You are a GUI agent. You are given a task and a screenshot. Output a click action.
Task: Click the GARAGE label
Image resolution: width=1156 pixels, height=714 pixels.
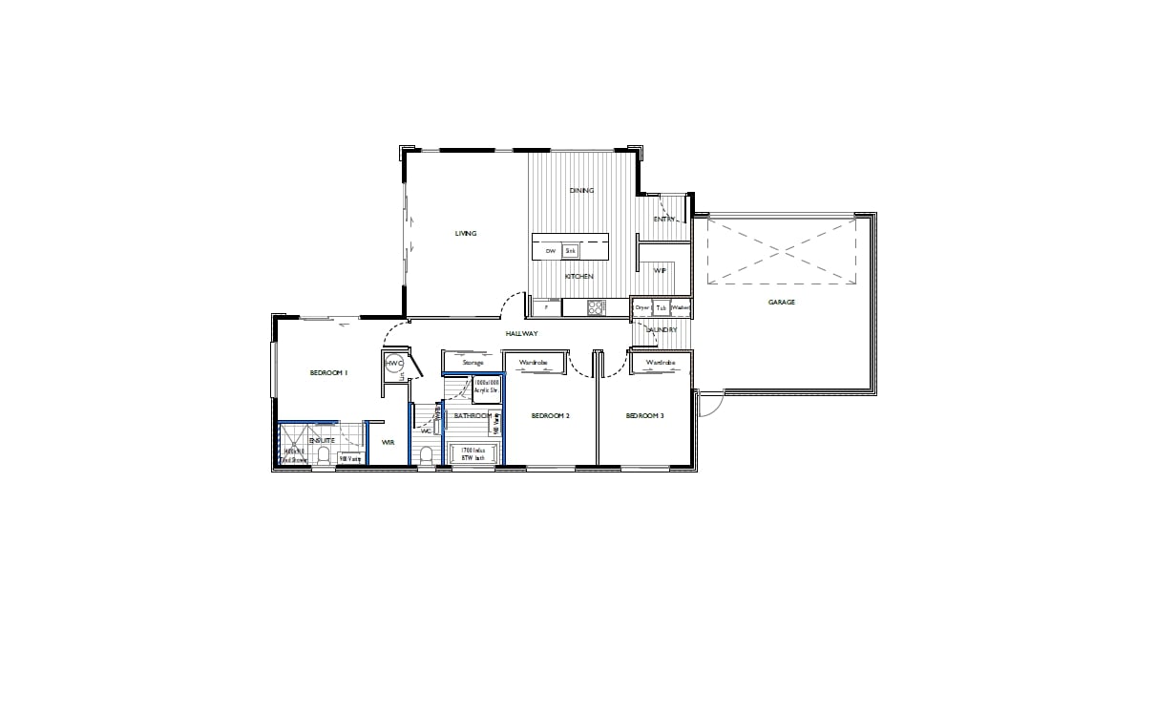pyautogui.click(x=782, y=303)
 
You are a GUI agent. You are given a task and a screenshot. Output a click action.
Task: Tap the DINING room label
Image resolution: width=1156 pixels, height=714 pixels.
pyautogui.click(x=581, y=191)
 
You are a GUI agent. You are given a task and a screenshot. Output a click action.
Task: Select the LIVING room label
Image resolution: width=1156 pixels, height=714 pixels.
pyautogui.click(x=465, y=234)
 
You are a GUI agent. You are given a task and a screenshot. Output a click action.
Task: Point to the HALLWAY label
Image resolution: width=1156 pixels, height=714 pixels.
pyautogui.click(x=523, y=334)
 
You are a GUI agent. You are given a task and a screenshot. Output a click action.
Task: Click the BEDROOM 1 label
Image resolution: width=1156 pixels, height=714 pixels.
pyautogui.click(x=328, y=373)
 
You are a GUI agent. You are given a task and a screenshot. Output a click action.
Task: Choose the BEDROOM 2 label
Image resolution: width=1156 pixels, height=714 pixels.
pyautogui.click(x=550, y=416)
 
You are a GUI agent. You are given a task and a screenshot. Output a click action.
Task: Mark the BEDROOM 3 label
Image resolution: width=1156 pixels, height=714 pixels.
pyautogui.click(x=644, y=416)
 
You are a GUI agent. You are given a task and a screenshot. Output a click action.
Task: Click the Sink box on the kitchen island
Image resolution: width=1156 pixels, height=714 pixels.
pyautogui.click(x=570, y=251)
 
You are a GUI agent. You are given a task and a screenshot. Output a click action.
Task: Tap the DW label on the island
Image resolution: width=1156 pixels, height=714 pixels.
pyautogui.click(x=550, y=251)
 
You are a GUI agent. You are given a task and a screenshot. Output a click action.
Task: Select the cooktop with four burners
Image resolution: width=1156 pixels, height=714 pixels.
pyautogui.click(x=597, y=307)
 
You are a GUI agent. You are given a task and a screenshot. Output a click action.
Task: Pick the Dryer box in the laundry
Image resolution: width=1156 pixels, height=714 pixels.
pyautogui.click(x=642, y=308)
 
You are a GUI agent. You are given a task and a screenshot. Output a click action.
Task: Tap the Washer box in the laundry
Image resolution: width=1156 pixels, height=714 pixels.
pyautogui.click(x=681, y=308)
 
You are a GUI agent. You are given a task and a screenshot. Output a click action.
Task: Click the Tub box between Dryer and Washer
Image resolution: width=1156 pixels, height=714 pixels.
pyautogui.click(x=661, y=308)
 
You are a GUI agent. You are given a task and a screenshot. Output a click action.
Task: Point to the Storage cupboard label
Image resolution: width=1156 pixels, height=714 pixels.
pyautogui.click(x=473, y=363)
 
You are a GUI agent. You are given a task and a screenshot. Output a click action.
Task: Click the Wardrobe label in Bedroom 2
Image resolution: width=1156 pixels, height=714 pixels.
pyautogui.click(x=532, y=364)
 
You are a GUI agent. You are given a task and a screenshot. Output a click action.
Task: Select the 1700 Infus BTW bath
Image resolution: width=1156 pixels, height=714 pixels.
pyautogui.click(x=473, y=454)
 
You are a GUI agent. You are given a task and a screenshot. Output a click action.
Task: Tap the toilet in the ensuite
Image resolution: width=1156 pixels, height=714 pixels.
pyautogui.click(x=323, y=454)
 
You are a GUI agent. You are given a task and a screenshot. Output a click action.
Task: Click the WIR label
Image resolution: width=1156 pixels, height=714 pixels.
pyautogui.click(x=389, y=443)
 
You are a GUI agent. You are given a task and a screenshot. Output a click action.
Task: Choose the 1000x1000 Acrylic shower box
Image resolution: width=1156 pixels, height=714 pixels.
pyautogui.click(x=487, y=389)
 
